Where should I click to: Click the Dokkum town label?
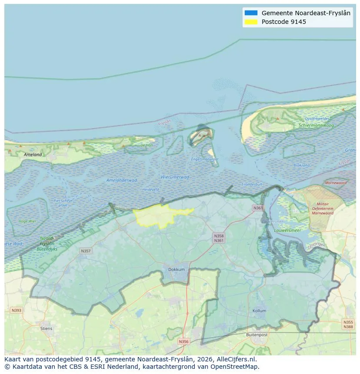[x=177, y=269]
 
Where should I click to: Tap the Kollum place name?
[x=259, y=311]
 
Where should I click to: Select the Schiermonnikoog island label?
[x=316, y=125]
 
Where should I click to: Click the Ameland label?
[x=33, y=155]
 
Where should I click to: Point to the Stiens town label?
[x=46, y=328]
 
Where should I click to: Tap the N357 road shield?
[x=86, y=251]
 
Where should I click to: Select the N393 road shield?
[x=17, y=310]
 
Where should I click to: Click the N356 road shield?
[x=184, y=341]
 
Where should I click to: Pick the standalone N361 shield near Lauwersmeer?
[x=258, y=209]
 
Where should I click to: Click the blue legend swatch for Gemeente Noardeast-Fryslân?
[x=251, y=13]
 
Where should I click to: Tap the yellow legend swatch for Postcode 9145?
[x=251, y=22]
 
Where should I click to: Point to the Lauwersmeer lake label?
[x=288, y=231]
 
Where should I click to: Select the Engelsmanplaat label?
[x=205, y=159]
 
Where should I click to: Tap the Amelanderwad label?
[x=122, y=180]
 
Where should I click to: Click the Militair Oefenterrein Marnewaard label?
[x=323, y=209]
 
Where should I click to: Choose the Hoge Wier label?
[x=27, y=221]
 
